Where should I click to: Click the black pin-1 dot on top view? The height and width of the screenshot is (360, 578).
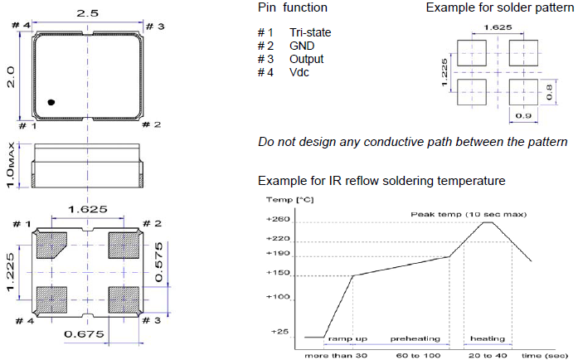pyautogui.click(x=51, y=102)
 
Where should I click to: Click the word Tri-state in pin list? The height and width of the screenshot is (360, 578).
pyautogui.click(x=309, y=32)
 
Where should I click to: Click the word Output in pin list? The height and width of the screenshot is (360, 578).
pyautogui.click(x=307, y=59)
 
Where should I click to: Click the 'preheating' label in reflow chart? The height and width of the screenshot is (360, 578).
pyautogui.click(x=410, y=338)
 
